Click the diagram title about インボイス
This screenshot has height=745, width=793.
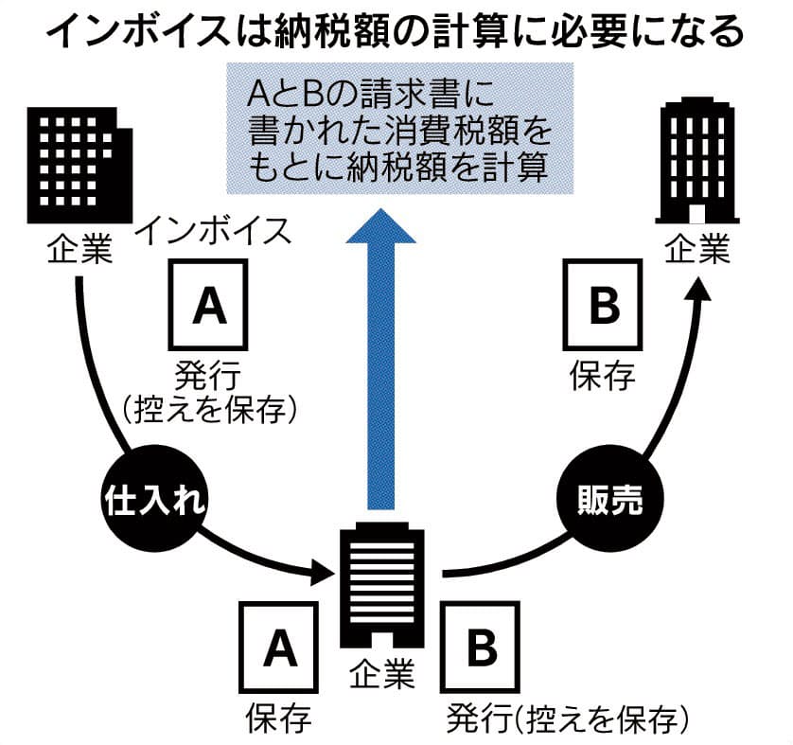(396, 31)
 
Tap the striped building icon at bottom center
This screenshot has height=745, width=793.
(382, 588)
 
